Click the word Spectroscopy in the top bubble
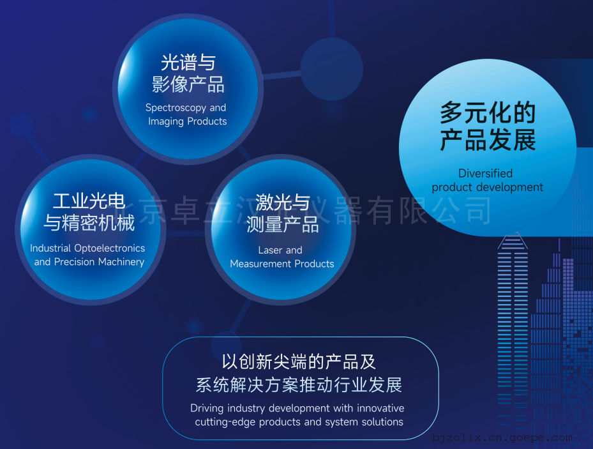click(x=176, y=108)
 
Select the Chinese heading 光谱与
click(x=188, y=63)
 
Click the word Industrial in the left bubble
click(x=50, y=248)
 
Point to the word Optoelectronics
click(x=110, y=248)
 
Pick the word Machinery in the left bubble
click(x=121, y=262)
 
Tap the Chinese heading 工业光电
click(x=89, y=201)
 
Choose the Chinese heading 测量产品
click(x=282, y=225)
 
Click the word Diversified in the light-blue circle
click(x=486, y=173)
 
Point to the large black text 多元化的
click(x=488, y=112)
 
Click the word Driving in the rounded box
click(x=207, y=409)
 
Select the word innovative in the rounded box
click(x=380, y=408)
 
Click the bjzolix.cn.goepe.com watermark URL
click(x=502, y=438)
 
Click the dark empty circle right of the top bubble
click(x=332, y=69)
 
